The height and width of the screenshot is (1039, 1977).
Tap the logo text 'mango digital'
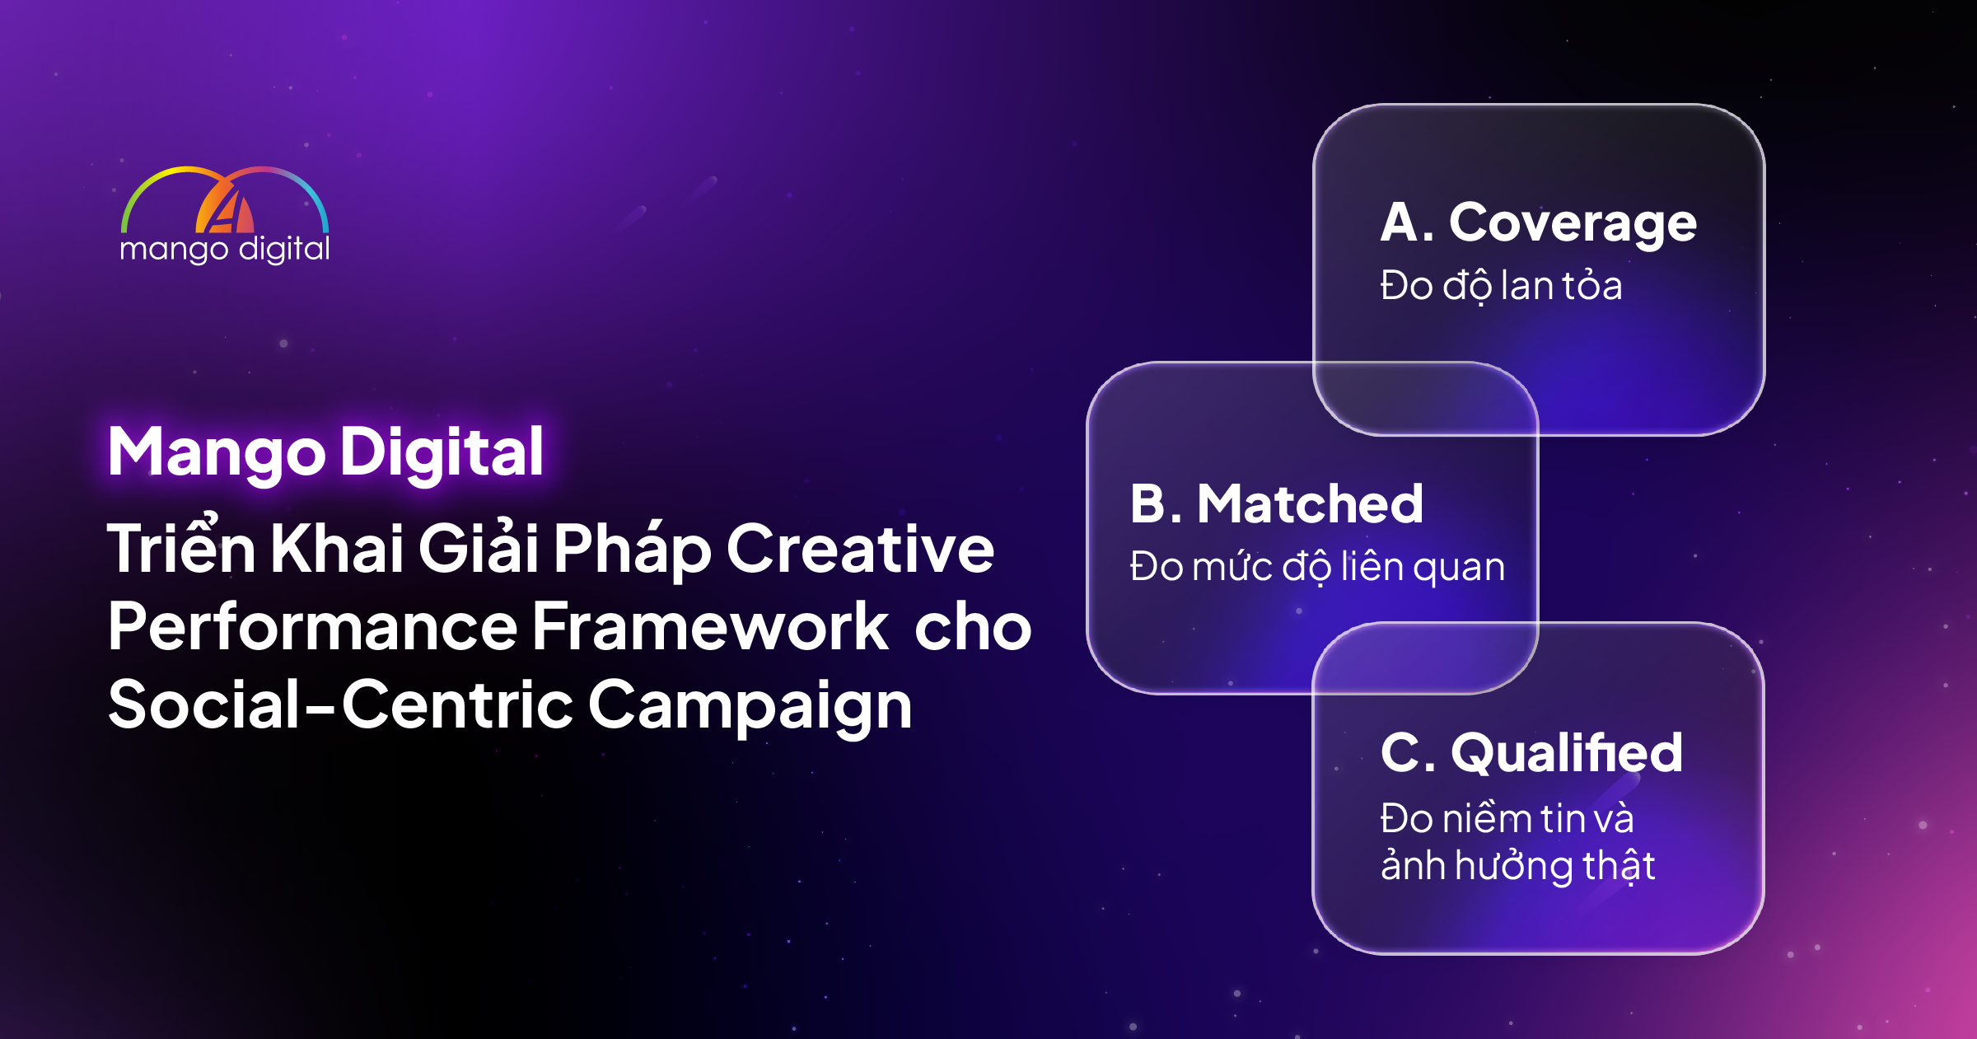(x=225, y=250)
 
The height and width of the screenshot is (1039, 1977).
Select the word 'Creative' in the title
(x=860, y=549)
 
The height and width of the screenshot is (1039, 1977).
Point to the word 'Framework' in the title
(x=710, y=626)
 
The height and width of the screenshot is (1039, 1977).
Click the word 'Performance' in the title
(x=312, y=626)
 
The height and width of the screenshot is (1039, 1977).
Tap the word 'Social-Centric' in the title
(x=340, y=704)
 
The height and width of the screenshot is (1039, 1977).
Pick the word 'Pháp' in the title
(x=632, y=549)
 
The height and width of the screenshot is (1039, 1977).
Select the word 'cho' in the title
(x=973, y=626)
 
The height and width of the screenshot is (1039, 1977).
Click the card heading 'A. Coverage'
(x=1538, y=224)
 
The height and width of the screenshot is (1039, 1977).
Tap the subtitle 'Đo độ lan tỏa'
(x=1501, y=286)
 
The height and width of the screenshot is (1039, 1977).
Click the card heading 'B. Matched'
(x=1277, y=503)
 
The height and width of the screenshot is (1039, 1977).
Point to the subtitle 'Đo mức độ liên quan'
(x=1317, y=567)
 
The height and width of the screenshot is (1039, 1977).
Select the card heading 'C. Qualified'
(x=1531, y=753)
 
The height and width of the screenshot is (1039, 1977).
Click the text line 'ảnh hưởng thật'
(x=1517, y=866)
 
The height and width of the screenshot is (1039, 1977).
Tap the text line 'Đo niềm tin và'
(x=1507, y=818)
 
